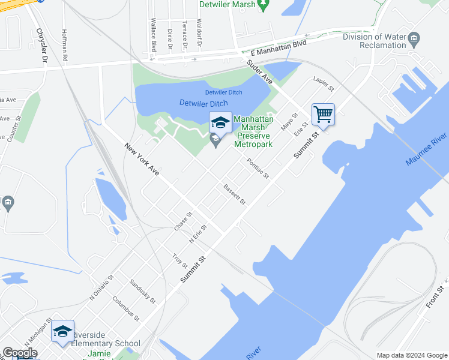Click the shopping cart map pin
point(323,114)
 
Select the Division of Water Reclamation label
point(374,40)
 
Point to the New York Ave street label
point(142,158)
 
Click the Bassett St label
point(234,194)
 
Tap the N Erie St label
point(197,233)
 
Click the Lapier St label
point(323,84)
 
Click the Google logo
point(20,353)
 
